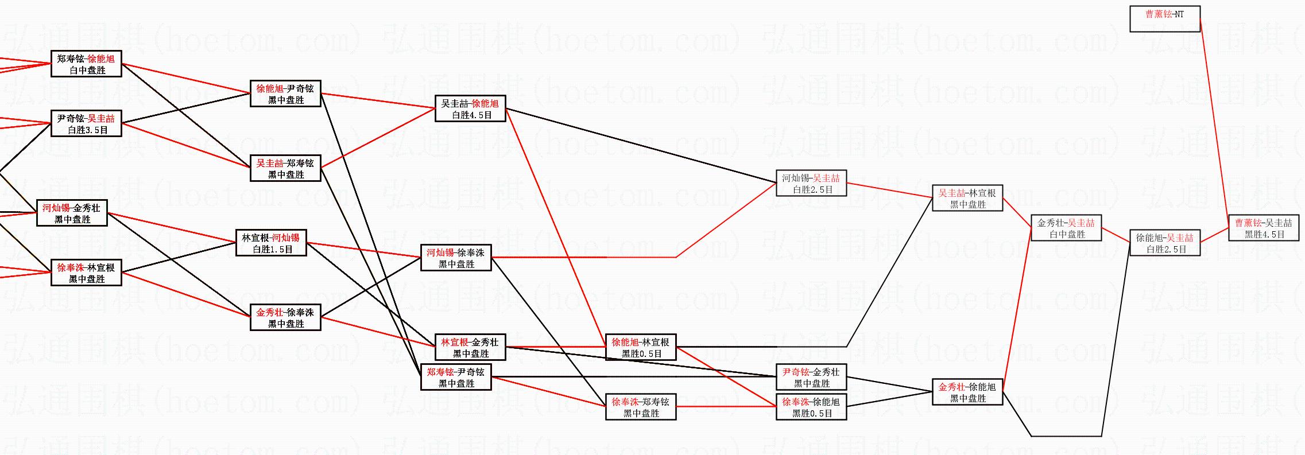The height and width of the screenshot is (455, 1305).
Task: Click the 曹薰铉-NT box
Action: (x=1164, y=19)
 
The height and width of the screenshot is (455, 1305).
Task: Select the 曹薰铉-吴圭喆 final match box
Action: (x=1263, y=228)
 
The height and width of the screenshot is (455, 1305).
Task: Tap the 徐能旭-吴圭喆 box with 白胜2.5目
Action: (x=1164, y=243)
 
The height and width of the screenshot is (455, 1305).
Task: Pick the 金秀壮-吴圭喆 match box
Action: (x=1066, y=228)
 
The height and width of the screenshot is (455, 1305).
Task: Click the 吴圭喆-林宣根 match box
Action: (x=967, y=199)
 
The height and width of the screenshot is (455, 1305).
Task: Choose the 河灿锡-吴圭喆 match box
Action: (x=811, y=184)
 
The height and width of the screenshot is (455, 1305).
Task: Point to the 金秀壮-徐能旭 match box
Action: (x=967, y=392)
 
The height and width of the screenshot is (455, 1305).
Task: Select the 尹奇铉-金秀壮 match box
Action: (x=811, y=378)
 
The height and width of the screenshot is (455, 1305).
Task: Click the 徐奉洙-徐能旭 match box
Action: (x=811, y=407)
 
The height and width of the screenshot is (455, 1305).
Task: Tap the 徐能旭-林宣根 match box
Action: (x=641, y=348)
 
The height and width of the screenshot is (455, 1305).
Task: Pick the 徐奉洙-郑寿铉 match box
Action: (x=641, y=407)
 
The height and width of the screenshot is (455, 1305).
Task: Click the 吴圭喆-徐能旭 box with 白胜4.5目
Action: (x=470, y=109)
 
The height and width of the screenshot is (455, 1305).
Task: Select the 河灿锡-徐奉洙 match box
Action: (x=456, y=258)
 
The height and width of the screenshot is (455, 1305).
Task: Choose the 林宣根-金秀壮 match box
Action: (x=470, y=348)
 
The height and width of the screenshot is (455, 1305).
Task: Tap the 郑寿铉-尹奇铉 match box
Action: (x=456, y=378)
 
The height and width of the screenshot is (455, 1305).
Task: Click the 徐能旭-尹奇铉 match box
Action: (x=285, y=94)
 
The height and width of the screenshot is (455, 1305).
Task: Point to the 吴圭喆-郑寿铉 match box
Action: (x=285, y=169)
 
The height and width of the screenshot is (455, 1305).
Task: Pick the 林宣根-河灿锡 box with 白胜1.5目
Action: (x=271, y=243)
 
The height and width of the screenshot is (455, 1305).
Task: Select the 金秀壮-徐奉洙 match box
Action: (x=285, y=318)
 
